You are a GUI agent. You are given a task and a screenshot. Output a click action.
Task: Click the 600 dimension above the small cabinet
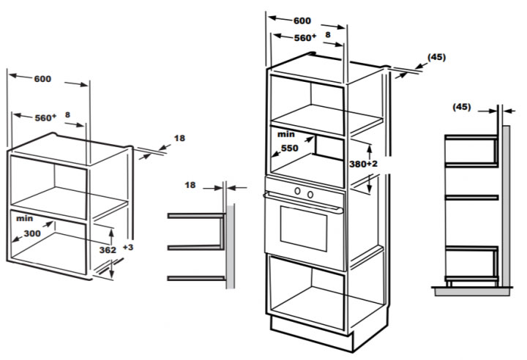point(42,79)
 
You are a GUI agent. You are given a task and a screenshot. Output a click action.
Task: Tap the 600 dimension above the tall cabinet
point(302,20)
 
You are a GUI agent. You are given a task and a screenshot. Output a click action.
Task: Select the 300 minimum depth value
point(32,233)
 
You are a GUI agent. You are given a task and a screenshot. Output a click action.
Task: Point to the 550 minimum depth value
point(290,149)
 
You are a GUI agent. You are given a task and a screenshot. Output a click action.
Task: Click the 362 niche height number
point(108,250)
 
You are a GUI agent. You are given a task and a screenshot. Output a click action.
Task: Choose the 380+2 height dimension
point(363,164)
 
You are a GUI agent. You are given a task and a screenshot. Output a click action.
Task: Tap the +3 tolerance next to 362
point(127,247)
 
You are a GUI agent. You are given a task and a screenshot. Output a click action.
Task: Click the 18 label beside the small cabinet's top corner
point(179,138)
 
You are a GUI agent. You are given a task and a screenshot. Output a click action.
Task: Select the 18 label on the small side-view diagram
point(190,185)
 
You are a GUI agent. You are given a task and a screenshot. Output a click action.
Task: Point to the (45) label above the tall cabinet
point(436,58)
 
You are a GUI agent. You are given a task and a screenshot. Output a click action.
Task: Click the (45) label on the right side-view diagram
point(462,107)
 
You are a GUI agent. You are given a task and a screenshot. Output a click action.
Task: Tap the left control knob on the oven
point(297,191)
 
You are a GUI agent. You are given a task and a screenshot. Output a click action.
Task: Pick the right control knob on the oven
point(310,195)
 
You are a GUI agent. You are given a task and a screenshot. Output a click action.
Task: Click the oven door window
point(304,228)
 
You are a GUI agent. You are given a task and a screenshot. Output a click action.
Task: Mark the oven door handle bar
point(303,203)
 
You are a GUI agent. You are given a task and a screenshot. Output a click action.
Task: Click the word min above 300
point(25,219)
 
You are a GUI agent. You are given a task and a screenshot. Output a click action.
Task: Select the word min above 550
point(286,135)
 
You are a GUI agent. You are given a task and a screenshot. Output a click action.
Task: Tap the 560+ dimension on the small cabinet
point(45,118)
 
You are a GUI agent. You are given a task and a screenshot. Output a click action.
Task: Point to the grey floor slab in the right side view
point(472,291)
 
